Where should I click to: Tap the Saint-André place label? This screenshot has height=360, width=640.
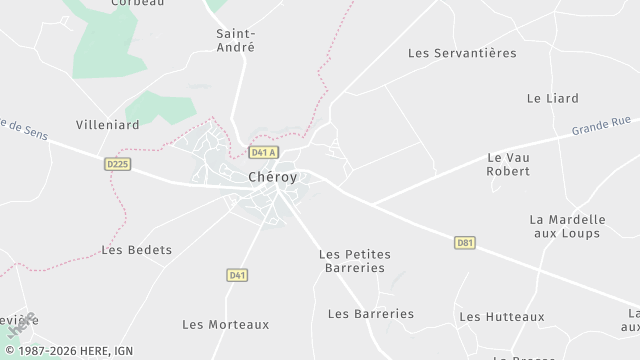click(236, 40)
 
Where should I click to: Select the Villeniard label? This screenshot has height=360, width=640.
click(108, 125)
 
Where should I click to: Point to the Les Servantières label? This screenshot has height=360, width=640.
click(462, 53)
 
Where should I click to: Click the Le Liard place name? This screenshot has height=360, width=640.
click(553, 98)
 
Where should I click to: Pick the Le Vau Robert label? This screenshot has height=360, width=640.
click(508, 164)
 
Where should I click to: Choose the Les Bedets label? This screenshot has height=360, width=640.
click(137, 250)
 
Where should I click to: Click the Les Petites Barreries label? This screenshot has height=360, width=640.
click(354, 261)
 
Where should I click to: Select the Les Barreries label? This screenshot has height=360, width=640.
click(370, 314)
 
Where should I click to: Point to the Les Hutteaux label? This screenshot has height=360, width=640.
click(502, 317)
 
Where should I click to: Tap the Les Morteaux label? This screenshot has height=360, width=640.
click(226, 324)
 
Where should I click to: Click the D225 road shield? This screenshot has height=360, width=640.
click(118, 164)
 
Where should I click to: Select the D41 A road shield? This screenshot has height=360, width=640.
click(263, 153)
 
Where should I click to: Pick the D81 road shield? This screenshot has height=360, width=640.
click(464, 242)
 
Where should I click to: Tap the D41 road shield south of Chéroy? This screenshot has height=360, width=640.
click(237, 275)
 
